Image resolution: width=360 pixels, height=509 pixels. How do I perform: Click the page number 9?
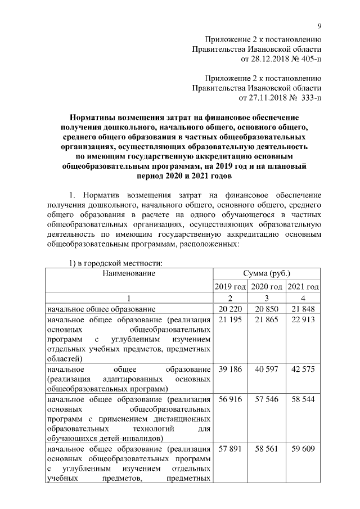[x=319, y=25]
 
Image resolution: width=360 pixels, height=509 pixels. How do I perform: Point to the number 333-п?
[x=308, y=97]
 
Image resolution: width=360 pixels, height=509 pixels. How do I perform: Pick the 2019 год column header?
[x=231, y=287]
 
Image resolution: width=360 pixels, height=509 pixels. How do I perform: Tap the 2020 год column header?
[x=267, y=287]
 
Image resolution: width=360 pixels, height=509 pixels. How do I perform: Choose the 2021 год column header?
[x=303, y=287]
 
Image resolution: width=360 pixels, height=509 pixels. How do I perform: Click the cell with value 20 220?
[x=231, y=309]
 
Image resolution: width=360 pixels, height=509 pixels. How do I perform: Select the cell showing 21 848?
[x=303, y=309]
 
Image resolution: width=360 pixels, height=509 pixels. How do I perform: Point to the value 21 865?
[x=267, y=319]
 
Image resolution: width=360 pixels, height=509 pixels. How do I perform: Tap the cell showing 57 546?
[x=267, y=399]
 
